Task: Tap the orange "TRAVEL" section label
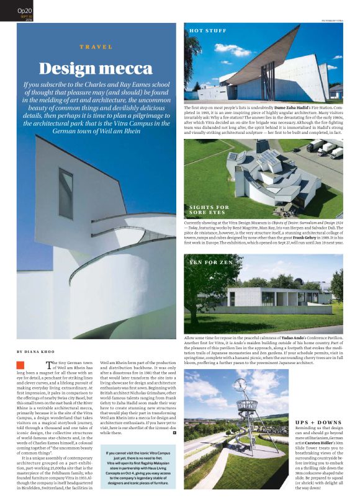[96, 47]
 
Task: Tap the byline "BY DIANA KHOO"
[38, 352]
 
